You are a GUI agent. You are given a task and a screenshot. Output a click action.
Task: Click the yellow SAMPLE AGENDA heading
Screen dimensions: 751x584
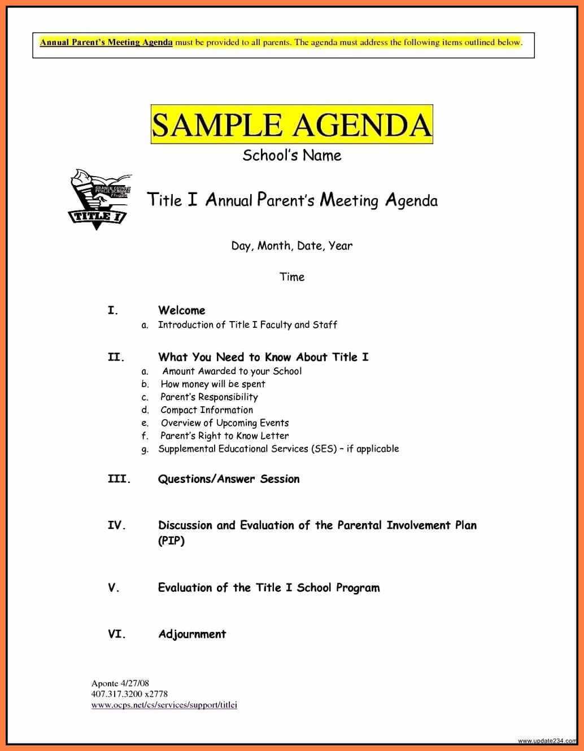pyautogui.click(x=291, y=125)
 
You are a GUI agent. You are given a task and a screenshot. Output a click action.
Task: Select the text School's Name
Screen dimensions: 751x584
pyautogui.click(x=291, y=155)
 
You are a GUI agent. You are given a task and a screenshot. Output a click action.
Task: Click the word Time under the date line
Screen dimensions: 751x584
pyautogui.click(x=292, y=276)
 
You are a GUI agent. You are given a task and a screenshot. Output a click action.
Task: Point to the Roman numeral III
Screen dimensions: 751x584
pyautogui.click(x=119, y=479)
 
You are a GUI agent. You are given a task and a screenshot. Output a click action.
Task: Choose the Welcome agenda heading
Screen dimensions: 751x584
pyautogui.click(x=181, y=310)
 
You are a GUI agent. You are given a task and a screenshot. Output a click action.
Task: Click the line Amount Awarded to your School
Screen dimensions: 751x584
pyautogui.click(x=232, y=371)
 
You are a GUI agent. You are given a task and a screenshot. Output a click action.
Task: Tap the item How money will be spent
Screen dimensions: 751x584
pyautogui.click(x=212, y=384)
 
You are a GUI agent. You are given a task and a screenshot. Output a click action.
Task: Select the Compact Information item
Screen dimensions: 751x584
pyautogui.click(x=207, y=410)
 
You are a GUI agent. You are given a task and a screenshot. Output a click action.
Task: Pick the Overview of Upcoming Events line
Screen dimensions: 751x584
pyautogui.click(x=224, y=423)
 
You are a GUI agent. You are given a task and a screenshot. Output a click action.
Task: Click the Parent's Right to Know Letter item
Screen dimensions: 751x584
pyautogui.click(x=224, y=436)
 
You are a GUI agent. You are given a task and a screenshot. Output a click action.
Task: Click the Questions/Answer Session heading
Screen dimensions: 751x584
pyautogui.click(x=229, y=479)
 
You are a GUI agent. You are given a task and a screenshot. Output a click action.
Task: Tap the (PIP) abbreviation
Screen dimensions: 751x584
pyautogui.click(x=171, y=541)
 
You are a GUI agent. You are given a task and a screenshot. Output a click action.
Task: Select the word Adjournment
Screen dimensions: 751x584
pyautogui.click(x=192, y=634)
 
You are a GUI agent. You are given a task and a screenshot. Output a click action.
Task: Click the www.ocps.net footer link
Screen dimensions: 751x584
pyautogui.click(x=164, y=705)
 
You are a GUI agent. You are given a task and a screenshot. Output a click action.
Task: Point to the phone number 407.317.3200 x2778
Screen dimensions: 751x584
pyautogui.click(x=129, y=694)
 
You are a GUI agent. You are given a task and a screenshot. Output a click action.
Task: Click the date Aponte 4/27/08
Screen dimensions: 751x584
pyautogui.click(x=120, y=683)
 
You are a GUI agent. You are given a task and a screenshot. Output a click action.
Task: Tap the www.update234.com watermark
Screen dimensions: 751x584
pyautogui.click(x=548, y=741)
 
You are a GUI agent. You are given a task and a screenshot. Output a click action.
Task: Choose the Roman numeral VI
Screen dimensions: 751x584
pyautogui.click(x=116, y=634)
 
